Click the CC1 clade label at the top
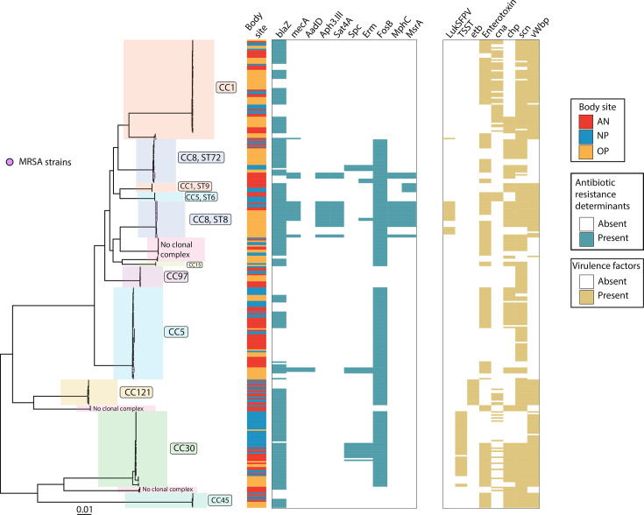[226, 88]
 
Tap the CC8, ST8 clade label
[209, 218]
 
